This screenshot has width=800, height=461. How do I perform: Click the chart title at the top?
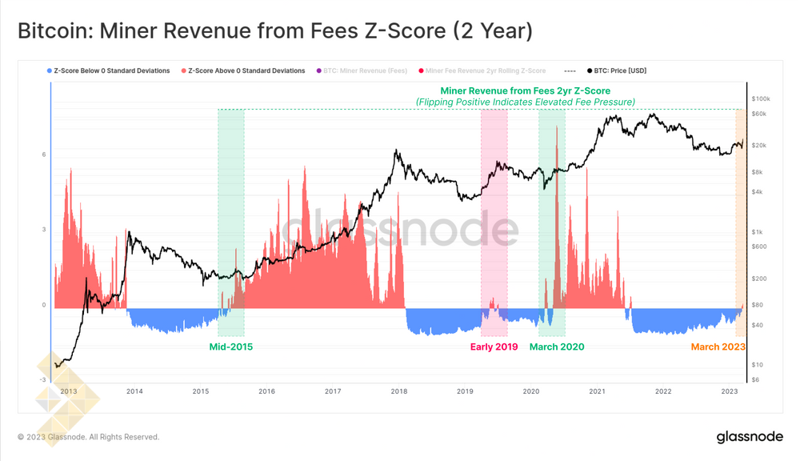coord(274,31)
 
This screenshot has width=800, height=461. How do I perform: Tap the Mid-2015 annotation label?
coord(230,347)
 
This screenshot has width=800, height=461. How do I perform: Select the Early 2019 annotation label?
coord(494,347)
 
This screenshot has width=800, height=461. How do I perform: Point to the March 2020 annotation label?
coord(557,347)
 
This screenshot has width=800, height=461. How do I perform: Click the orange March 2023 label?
coord(718,347)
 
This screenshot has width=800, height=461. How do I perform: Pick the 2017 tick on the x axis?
coord(333,391)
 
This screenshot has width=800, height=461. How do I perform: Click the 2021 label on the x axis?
coord(597,391)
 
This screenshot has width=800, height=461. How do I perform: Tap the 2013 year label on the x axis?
coord(69,391)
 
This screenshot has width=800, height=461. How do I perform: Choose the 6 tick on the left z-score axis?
coord(44,154)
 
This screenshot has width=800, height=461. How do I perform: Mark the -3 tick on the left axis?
coord(42,380)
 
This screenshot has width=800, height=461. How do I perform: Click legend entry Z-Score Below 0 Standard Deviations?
coord(111,71)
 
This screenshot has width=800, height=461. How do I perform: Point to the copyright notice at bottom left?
coord(88,437)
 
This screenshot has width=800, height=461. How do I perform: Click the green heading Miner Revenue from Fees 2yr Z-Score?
coord(525,91)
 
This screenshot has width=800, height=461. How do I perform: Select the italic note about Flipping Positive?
coord(525,102)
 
